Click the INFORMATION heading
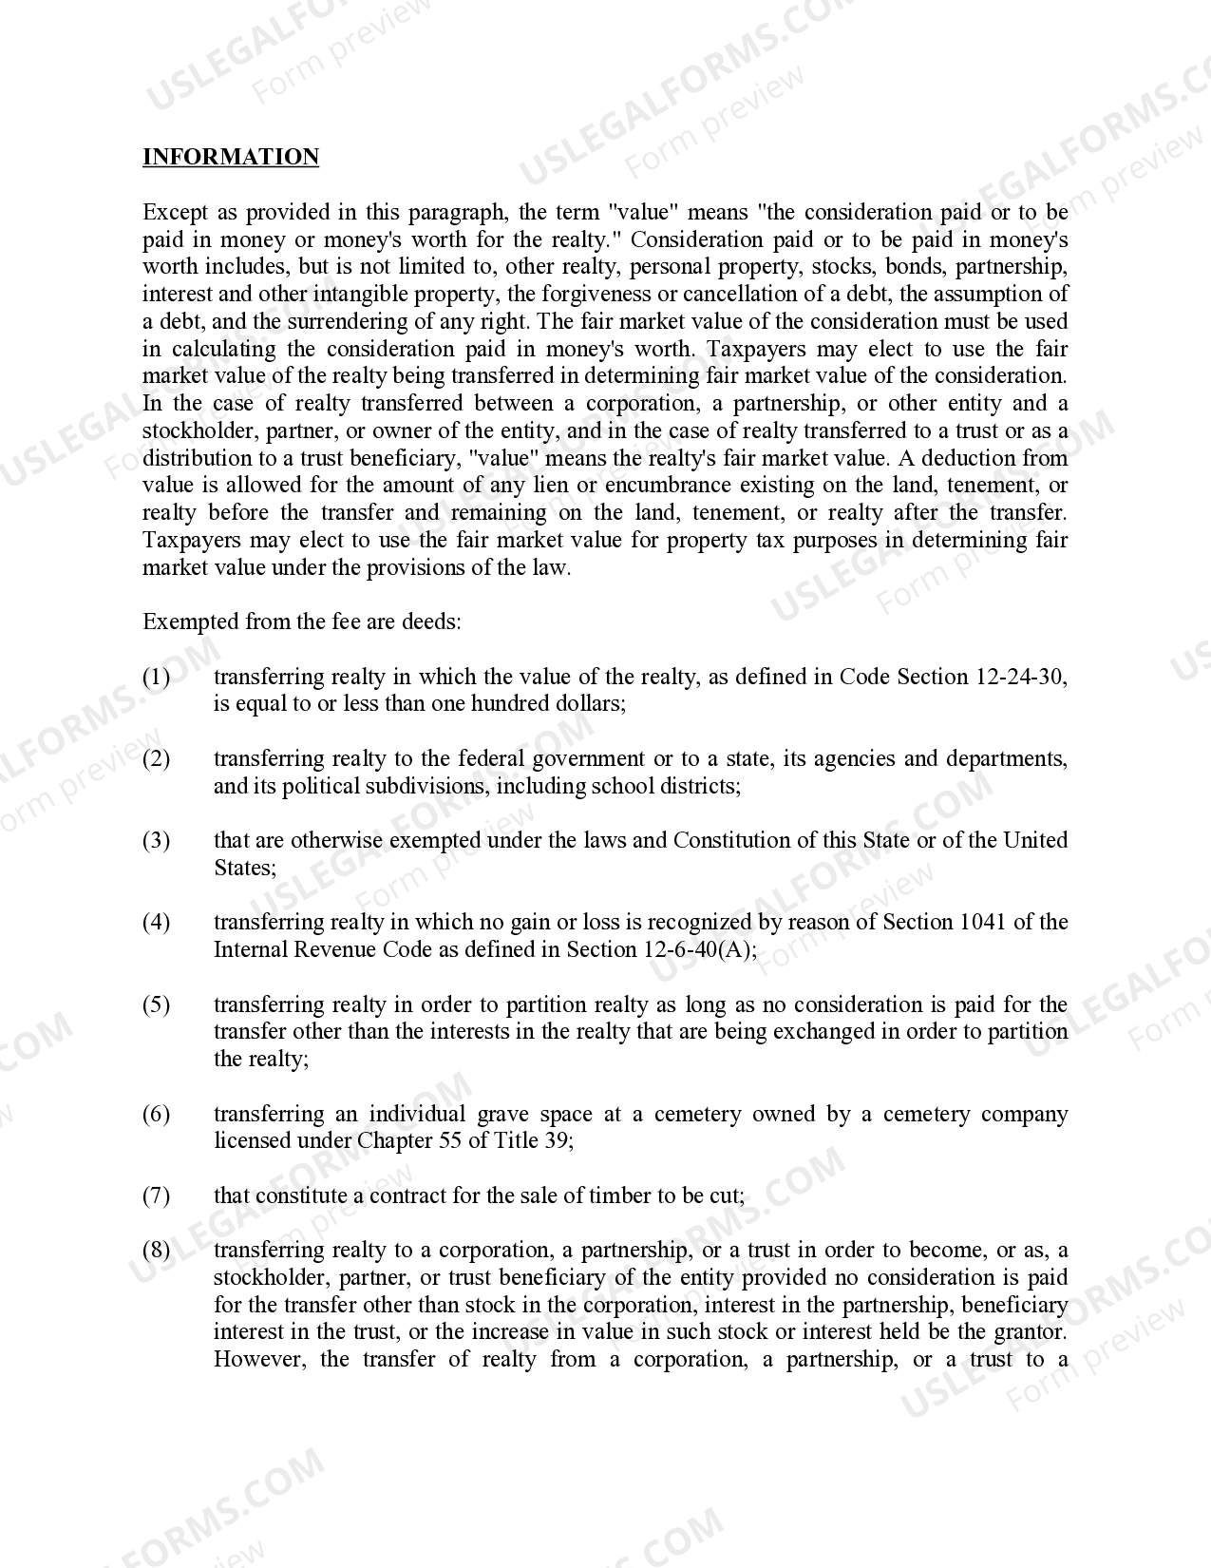[231, 157]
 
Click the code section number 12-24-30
[1020, 677]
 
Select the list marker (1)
[157, 677]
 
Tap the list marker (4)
[157, 922]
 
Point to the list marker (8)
[157, 1250]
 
